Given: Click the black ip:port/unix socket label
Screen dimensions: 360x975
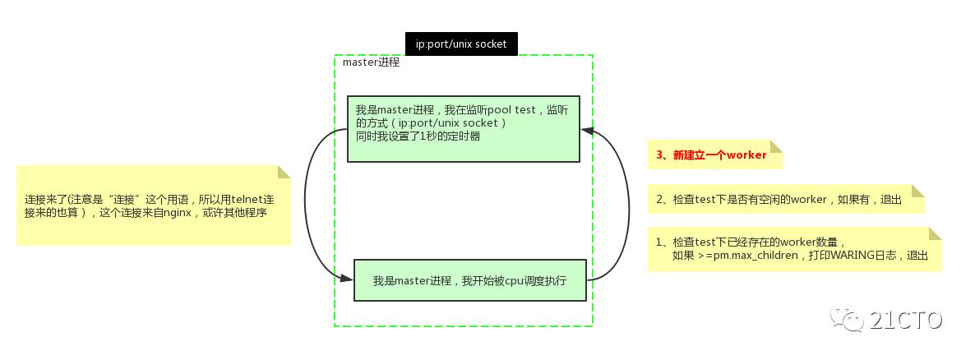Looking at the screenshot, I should tap(461, 44).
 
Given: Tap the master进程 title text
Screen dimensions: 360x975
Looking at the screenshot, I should tap(371, 62).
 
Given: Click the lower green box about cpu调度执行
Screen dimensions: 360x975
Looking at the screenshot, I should tap(469, 280).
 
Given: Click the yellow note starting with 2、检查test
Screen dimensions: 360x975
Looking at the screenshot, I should tap(785, 199).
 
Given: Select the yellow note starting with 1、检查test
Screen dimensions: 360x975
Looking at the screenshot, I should tap(793, 248).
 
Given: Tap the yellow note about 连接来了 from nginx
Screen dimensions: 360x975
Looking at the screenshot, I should tap(153, 205).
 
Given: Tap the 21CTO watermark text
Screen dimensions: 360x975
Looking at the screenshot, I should tap(904, 319).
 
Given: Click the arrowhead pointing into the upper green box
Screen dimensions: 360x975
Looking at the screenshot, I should tap(587, 129).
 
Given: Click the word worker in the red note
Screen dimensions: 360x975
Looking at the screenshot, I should tap(746, 155).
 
